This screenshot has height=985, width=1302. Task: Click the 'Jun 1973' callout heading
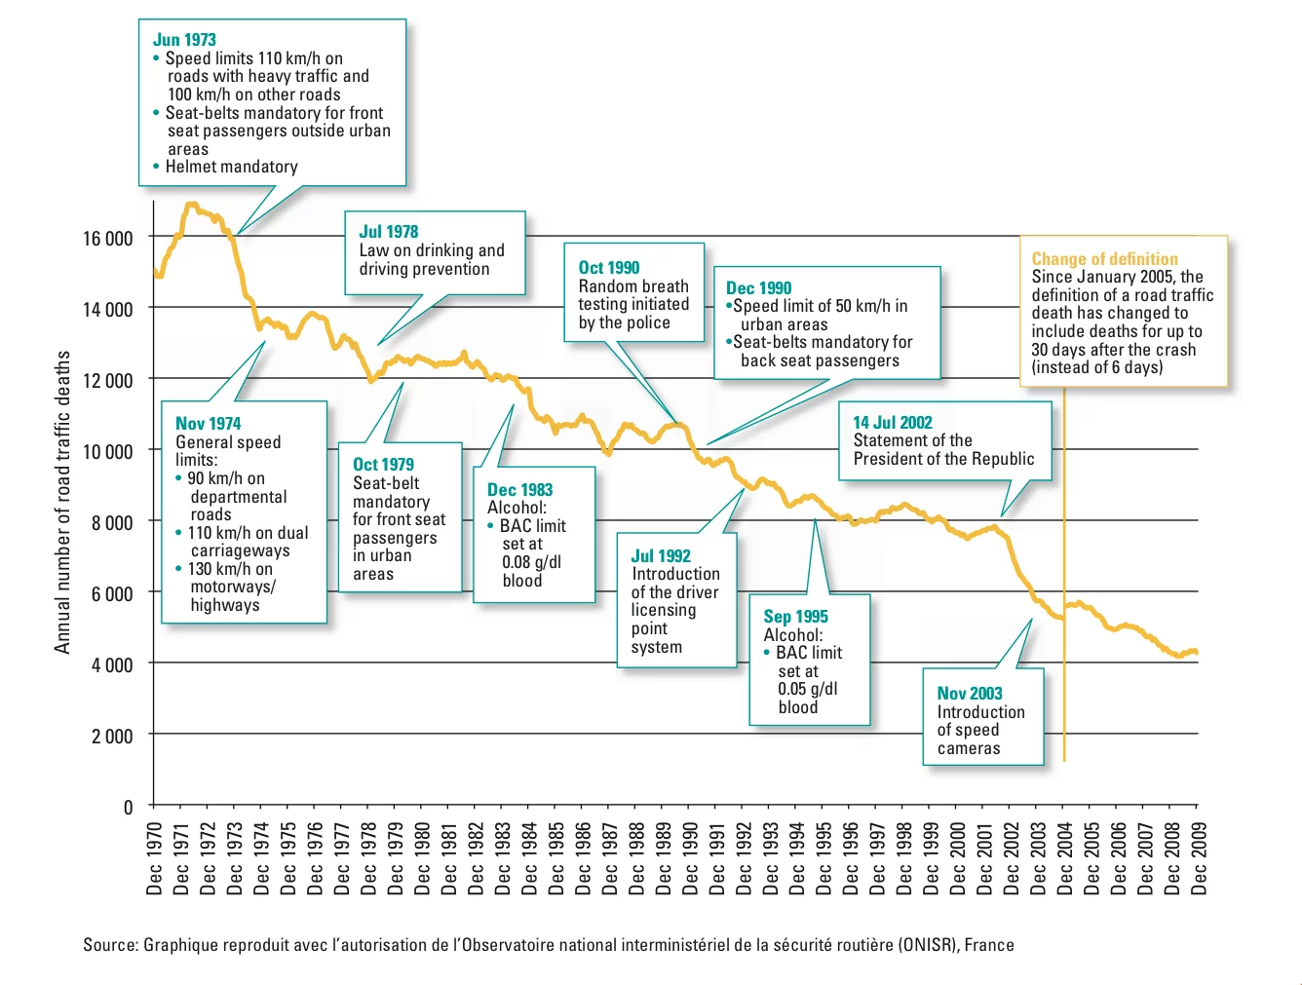point(184,40)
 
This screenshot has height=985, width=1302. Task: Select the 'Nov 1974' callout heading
point(208,424)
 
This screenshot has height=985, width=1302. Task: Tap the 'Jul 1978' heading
point(388,232)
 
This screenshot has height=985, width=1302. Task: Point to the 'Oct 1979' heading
point(383,465)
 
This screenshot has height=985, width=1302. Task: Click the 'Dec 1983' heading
point(519,490)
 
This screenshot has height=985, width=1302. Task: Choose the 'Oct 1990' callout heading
point(609,268)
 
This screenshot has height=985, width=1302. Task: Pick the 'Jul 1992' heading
point(661,556)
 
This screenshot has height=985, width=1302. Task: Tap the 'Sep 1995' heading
point(795,617)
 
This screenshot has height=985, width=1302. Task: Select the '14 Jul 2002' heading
point(893,423)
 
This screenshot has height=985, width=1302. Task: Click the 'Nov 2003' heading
point(970,694)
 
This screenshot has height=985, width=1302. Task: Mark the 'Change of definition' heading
point(1104,259)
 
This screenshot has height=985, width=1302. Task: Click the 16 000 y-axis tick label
point(107,239)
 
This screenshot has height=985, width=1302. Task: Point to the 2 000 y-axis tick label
point(112,737)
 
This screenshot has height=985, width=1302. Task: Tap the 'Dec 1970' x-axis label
point(155,858)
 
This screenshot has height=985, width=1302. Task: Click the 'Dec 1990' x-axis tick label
point(691,858)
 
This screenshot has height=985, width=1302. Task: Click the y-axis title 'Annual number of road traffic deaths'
point(63,502)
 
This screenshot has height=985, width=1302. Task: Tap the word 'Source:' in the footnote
point(110,945)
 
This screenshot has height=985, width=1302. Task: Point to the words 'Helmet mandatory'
point(231,167)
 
